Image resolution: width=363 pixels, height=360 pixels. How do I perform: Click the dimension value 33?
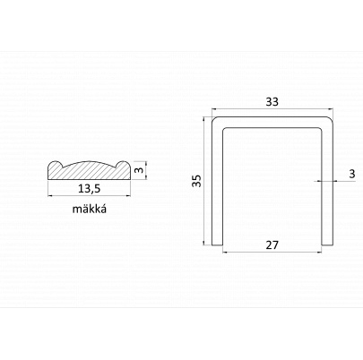pos(272,102)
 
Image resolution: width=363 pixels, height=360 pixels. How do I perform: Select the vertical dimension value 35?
pos(196,181)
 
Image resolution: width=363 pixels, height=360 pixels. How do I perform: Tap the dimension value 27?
pos(272,245)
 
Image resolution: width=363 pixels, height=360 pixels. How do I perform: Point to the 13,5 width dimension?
pos(89,189)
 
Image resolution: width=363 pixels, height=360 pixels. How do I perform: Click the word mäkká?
pos(90,209)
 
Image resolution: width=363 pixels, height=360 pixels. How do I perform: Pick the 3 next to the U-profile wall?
pos(352,174)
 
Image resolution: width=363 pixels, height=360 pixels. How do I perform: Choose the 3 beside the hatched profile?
pos(138,170)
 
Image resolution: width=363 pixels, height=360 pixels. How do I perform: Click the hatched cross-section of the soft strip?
pos(90,170)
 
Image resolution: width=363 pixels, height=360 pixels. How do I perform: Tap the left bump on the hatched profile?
pos(56,164)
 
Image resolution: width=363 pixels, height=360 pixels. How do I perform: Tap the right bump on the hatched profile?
pos(124,164)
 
